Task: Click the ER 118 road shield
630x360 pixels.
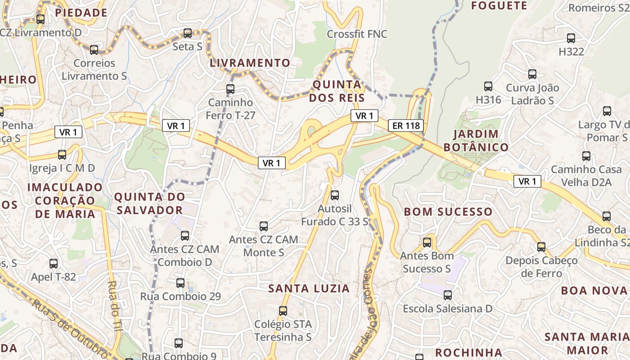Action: point(406,126)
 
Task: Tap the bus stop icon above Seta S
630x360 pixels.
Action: point(188,33)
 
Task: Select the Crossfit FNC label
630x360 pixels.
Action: point(357,34)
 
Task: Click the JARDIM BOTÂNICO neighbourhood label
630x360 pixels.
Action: point(476,140)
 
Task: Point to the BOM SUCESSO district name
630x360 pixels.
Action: point(448,211)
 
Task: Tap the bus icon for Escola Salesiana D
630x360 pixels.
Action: point(447,295)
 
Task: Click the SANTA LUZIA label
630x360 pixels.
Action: point(309,288)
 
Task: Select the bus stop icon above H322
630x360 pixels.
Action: point(571,38)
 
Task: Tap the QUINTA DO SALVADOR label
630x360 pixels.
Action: point(149,203)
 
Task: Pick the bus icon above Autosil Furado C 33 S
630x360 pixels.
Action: point(334,195)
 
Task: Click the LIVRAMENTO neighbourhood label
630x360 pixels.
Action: point(250,63)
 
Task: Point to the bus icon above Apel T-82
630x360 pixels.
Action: point(54,264)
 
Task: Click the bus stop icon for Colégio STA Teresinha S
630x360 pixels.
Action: point(283,311)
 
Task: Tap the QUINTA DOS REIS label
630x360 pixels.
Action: point(337,91)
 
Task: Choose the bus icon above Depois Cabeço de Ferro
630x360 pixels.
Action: point(541,247)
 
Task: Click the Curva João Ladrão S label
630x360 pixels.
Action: point(532,94)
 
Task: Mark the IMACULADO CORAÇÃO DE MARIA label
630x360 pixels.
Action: point(65,200)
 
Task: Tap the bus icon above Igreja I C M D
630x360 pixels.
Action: point(62,155)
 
